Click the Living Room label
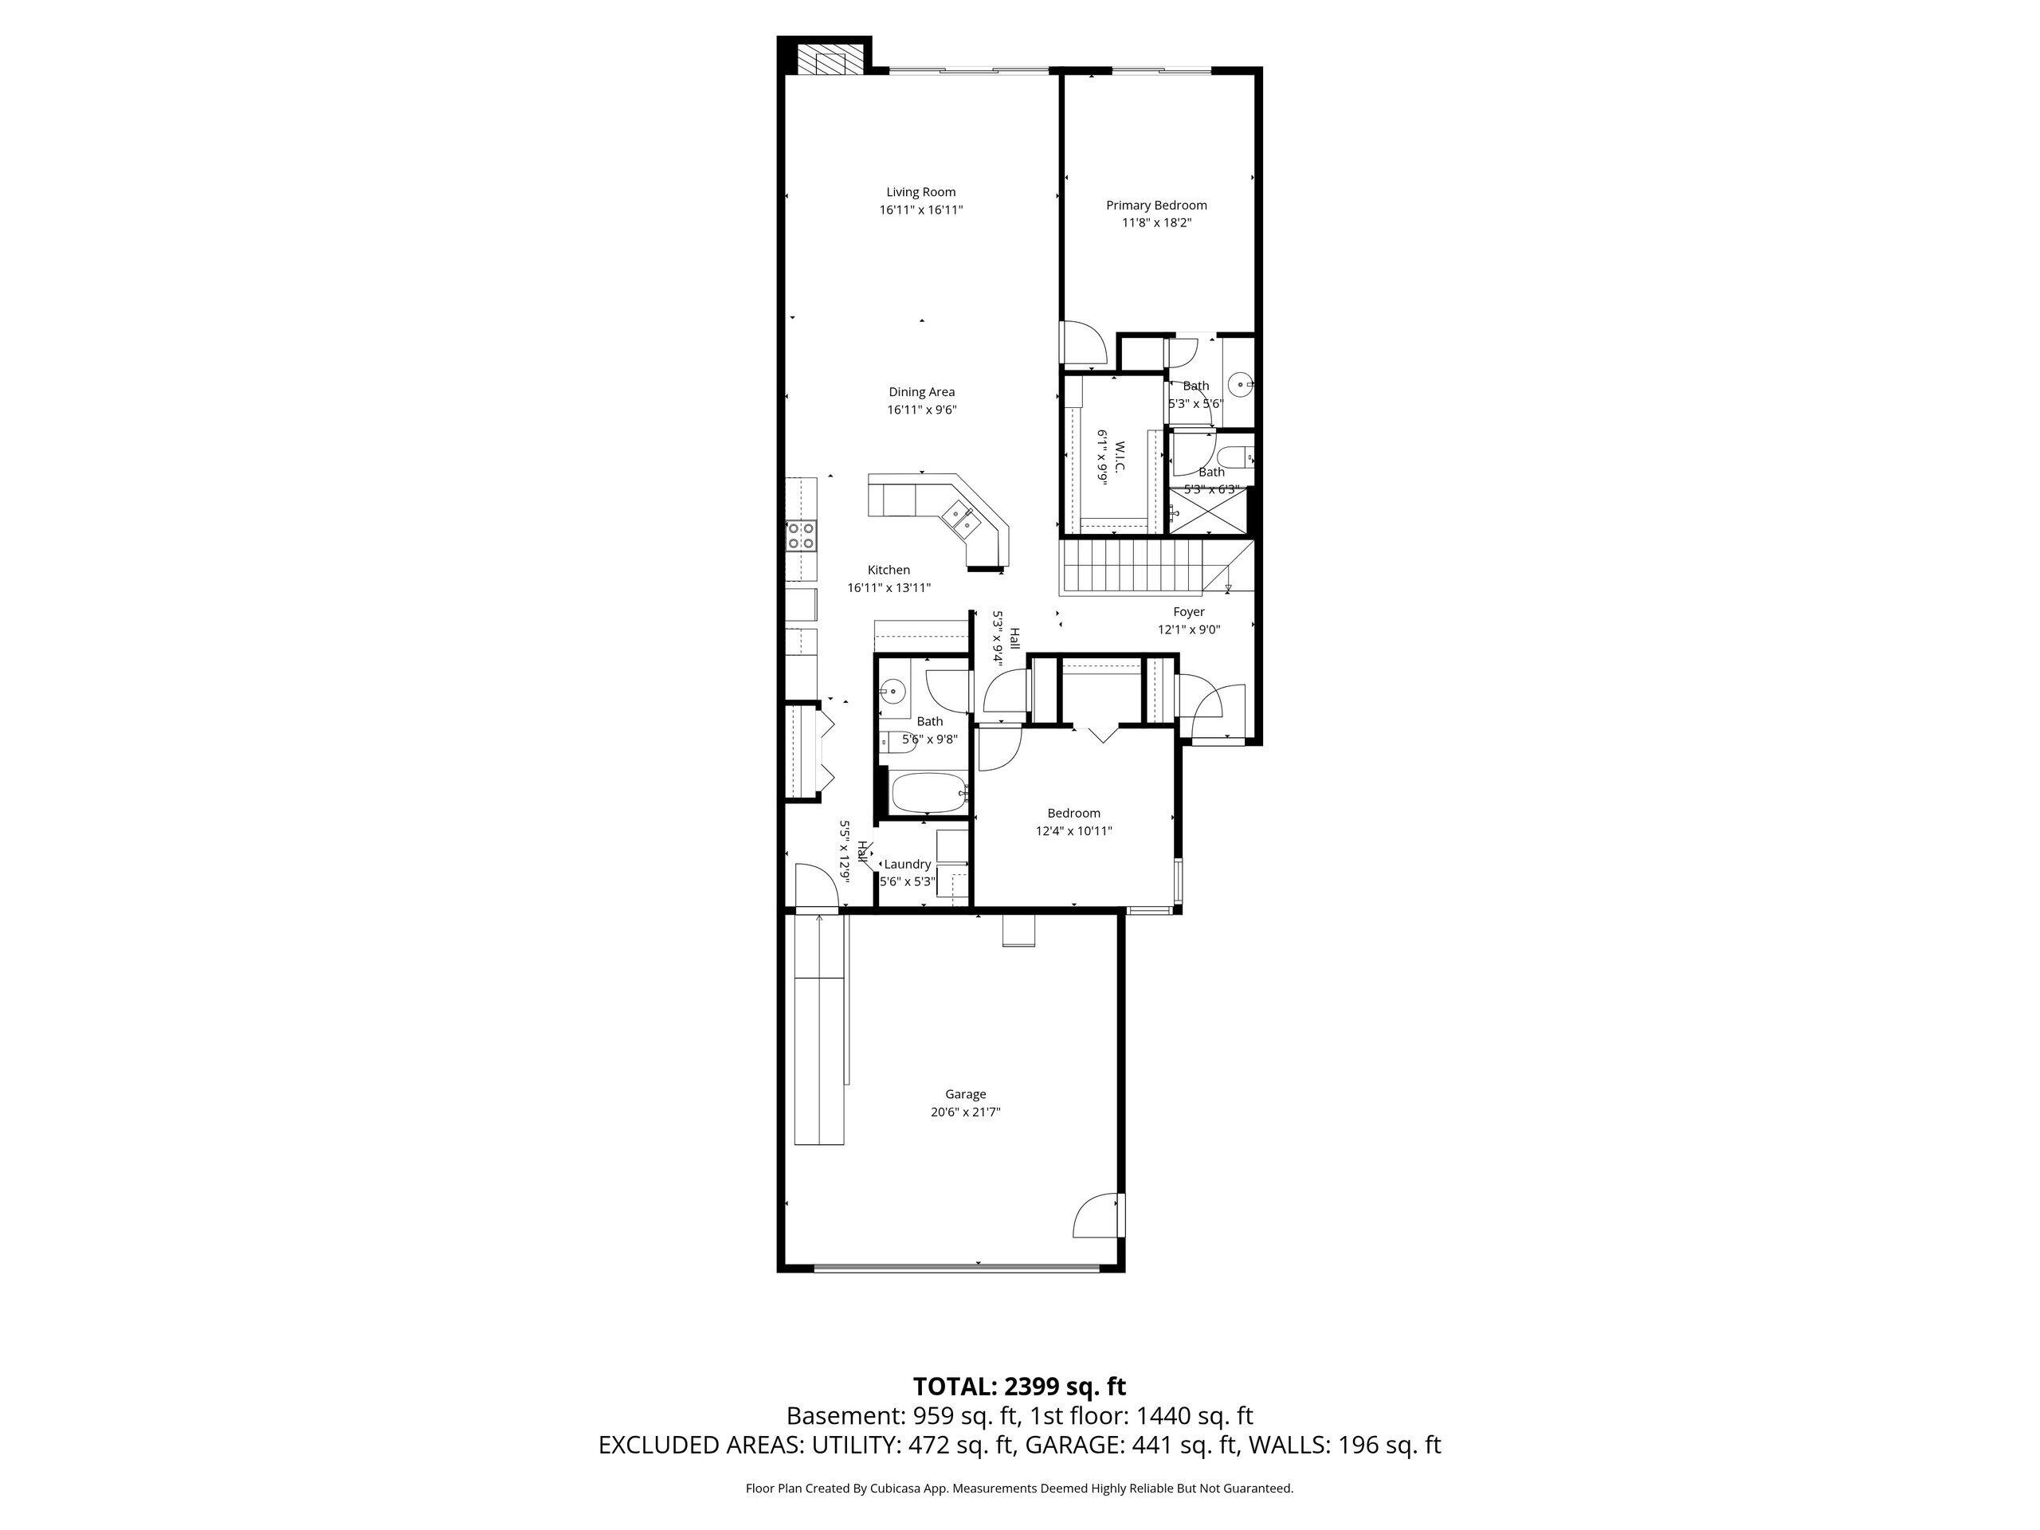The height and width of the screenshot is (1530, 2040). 920,192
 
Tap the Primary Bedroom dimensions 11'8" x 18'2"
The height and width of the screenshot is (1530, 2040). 1155,222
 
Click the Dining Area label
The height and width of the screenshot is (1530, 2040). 921,392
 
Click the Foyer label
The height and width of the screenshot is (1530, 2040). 1189,611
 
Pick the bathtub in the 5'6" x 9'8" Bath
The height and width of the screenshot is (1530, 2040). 927,793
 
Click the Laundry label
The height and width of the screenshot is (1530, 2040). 908,864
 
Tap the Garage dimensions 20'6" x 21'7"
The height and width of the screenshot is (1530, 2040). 965,1112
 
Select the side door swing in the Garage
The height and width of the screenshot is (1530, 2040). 1098,1215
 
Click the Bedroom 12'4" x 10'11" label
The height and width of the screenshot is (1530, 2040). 1073,814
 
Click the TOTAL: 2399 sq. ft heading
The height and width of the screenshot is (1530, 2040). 1019,1386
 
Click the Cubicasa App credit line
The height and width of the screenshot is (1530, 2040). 1019,1488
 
